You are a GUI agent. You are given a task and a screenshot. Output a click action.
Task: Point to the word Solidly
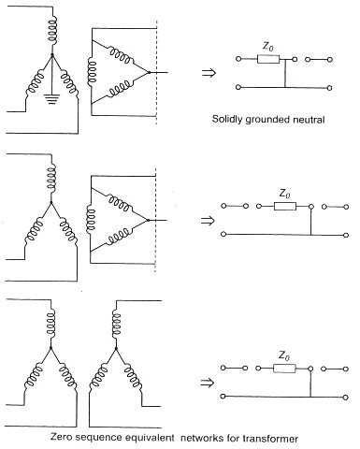pyautogui.click(x=230, y=119)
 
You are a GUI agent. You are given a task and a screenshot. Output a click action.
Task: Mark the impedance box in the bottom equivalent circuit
pyautogui.click(x=282, y=370)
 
